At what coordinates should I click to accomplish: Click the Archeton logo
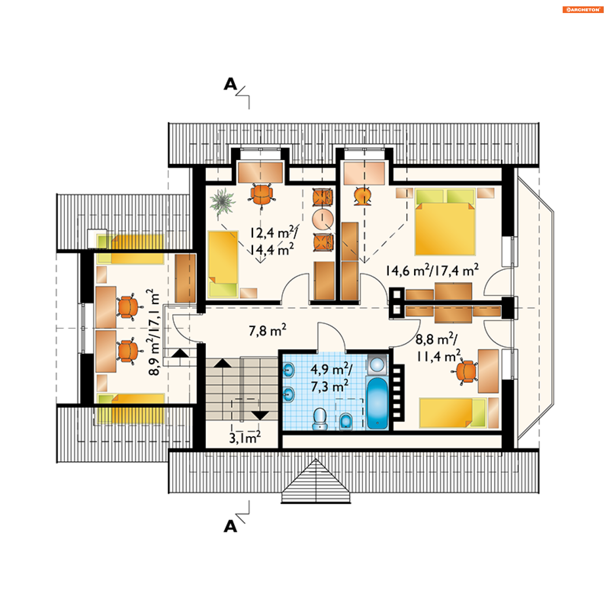coord(583,10)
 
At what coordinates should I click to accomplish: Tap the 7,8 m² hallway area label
coord(267,330)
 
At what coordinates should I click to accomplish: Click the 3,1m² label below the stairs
coord(245,438)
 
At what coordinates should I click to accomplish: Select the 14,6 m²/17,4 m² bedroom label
coord(432,270)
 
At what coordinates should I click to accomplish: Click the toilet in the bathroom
coord(320,419)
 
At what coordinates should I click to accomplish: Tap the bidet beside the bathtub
coord(346,421)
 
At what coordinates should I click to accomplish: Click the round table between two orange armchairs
coord(322,219)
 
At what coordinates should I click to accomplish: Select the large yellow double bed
coord(445,222)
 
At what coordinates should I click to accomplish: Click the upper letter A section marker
coord(230,84)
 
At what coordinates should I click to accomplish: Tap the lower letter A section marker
coord(230,527)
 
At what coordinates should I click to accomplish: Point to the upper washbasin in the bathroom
coord(288,370)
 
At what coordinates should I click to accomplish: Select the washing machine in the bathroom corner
coord(377,364)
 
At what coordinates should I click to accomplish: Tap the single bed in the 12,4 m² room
coord(223,264)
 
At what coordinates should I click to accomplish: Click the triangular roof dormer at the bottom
coord(316,483)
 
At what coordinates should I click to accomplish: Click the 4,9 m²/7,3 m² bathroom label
coord(330,378)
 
